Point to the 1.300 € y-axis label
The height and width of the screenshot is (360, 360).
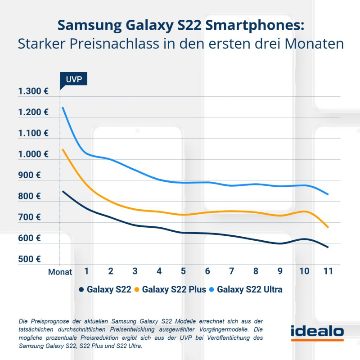[33, 92]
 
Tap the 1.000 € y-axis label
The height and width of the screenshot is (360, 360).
[33, 154]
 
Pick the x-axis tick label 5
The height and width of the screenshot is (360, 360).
[183, 271]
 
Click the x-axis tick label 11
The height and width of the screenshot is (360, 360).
[328, 271]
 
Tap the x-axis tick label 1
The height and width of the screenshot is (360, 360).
[86, 271]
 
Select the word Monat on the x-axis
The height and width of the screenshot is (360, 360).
[60, 272]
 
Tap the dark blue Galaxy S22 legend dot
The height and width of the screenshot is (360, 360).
[81, 290]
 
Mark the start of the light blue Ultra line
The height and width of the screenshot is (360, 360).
[63, 108]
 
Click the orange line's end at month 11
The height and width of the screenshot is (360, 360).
[328, 228]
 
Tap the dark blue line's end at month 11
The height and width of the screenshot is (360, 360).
[328, 247]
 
